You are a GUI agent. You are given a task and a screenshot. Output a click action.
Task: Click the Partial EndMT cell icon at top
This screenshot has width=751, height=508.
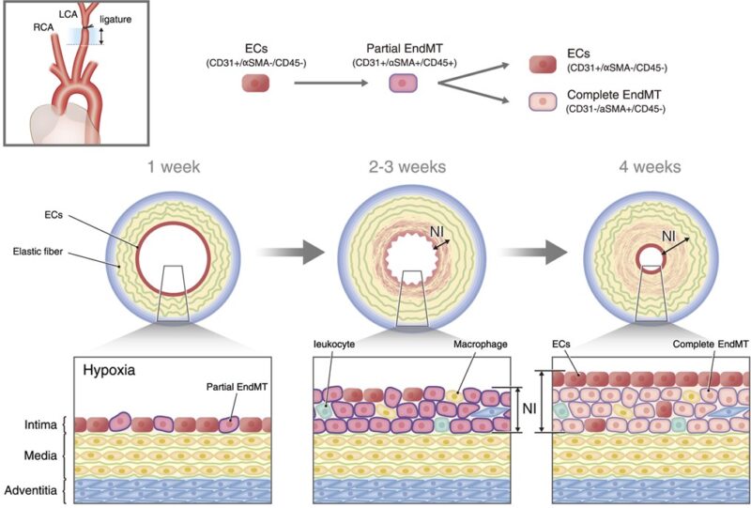[403, 84]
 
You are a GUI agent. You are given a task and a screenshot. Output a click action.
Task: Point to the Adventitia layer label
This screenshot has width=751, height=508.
[32, 490]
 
